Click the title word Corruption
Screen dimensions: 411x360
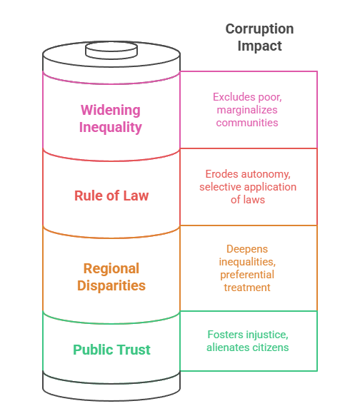pyautogui.click(x=259, y=29)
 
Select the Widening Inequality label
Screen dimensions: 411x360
pyautogui.click(x=111, y=119)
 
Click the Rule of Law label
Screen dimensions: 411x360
pyautogui.click(x=111, y=195)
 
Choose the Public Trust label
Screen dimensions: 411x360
pyautogui.click(x=111, y=350)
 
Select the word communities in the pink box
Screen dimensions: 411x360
pyautogui.click(x=249, y=122)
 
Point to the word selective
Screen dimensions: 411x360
pyautogui.click(x=221, y=187)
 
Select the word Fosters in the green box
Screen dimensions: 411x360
pyautogui.click(x=225, y=334)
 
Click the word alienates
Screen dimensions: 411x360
pyautogui.click(x=227, y=347)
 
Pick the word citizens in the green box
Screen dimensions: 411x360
pyautogui.click(x=271, y=347)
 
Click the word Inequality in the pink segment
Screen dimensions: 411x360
pyautogui.click(x=111, y=128)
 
